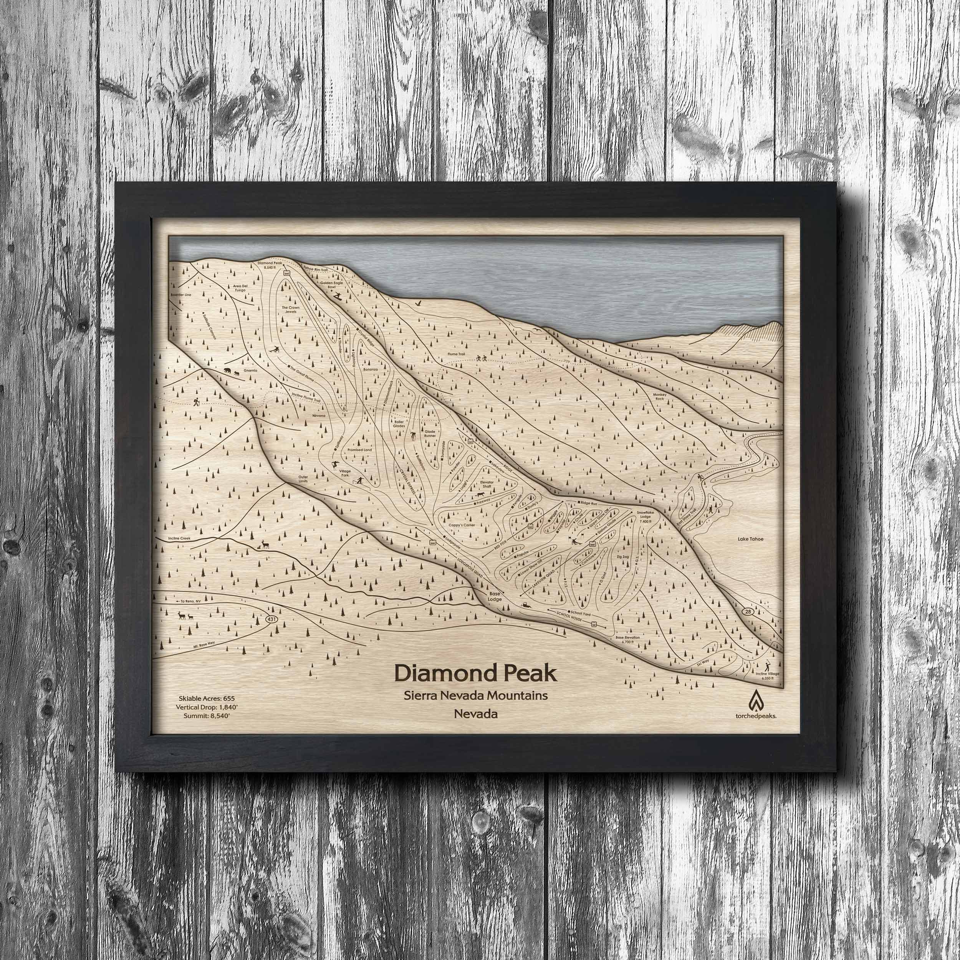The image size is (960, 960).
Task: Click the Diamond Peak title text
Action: point(475,674)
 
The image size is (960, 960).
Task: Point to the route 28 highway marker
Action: point(748,610)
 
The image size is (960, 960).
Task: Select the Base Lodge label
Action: point(495,596)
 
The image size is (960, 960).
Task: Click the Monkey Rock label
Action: point(659,396)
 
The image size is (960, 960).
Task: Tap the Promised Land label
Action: point(360,450)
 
